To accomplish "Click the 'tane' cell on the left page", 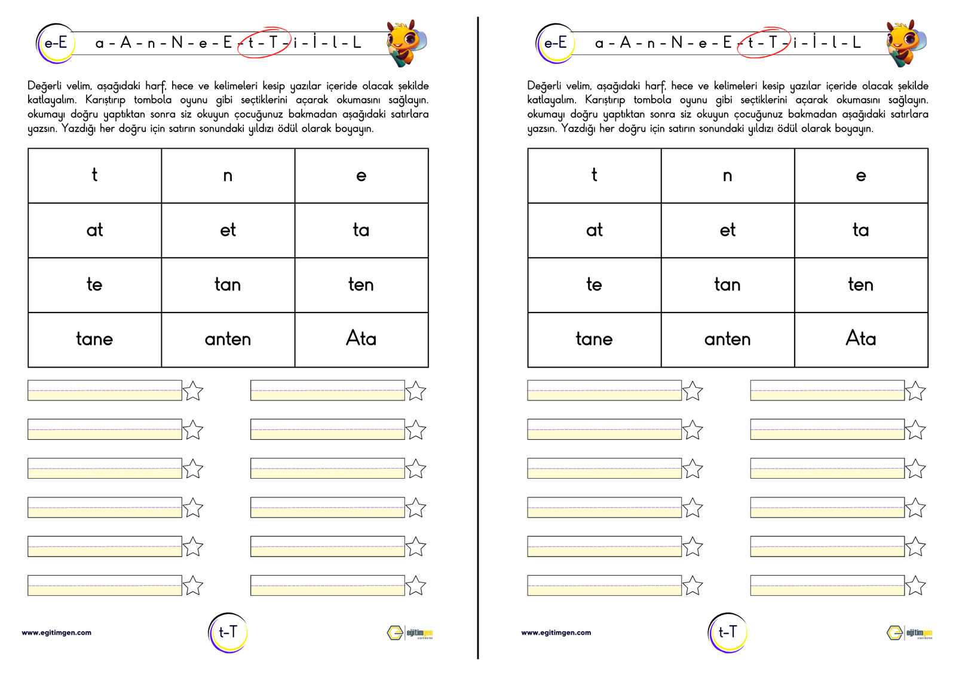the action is [x=94, y=339].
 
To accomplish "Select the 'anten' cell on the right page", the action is [x=727, y=339].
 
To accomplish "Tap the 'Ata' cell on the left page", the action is [x=361, y=339].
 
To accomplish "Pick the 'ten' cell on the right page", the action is [x=860, y=285].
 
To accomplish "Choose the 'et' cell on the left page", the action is [x=228, y=230].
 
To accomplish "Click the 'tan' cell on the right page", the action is [x=727, y=285].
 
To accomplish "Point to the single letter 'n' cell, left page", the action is [x=228, y=176].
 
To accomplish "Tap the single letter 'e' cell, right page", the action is [x=860, y=176].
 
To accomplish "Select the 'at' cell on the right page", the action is [x=594, y=230].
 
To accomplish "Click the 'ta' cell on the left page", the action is [x=361, y=230].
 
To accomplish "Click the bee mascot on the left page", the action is [x=406, y=43].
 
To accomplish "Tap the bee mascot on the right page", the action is [x=906, y=43].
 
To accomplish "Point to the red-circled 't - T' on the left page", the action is [x=263, y=42].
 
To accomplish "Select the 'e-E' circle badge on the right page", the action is [x=555, y=43].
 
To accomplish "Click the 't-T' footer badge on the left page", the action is [x=228, y=632].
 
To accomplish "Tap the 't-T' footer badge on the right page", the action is [x=727, y=632].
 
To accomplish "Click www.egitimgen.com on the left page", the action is [x=57, y=632].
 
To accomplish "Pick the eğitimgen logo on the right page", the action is [x=909, y=633].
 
